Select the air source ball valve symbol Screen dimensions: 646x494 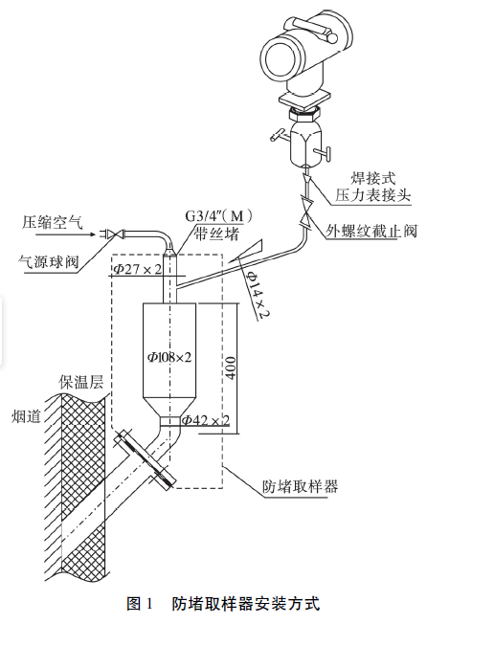point(113,232)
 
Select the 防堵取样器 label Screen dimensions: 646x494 point(300,486)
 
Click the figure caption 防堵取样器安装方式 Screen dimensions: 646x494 point(245,604)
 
